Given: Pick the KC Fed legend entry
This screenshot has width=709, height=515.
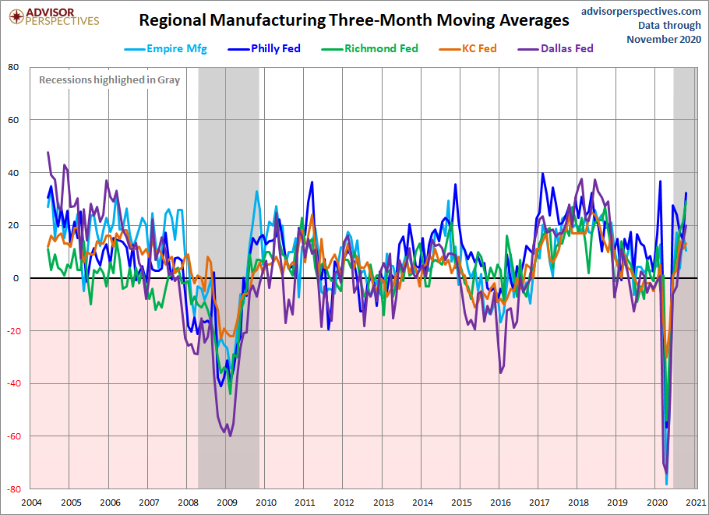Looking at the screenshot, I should pos(476,49).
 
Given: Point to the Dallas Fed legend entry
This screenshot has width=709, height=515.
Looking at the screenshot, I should pos(562,49).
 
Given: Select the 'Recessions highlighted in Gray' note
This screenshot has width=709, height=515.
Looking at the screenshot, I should pos(110,79).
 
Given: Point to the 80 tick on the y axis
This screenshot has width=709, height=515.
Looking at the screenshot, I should pos(13,67).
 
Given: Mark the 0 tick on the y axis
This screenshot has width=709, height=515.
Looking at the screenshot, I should pos(16,278).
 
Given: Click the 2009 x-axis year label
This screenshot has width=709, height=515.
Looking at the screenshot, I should pos(226,503).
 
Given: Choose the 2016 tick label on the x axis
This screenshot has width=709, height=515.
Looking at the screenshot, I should pos(500,503).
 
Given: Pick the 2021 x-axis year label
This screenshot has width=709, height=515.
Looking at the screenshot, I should pos(696,503).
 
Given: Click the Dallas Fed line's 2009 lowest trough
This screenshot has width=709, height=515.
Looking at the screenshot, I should pos(230,436).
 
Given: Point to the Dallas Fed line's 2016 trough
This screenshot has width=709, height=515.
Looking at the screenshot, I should pos(500,372).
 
